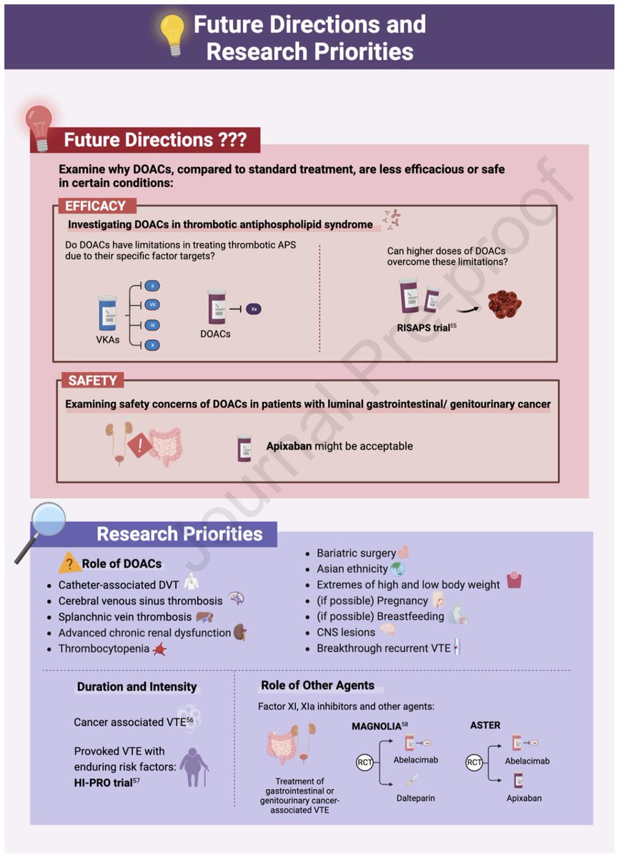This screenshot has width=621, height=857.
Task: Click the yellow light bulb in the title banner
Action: point(172,34)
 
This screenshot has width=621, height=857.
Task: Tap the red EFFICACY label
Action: point(95,206)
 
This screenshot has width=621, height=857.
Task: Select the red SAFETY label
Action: point(92,381)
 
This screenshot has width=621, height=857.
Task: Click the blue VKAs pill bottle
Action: point(107,314)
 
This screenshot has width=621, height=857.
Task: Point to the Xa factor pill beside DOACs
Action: point(254,309)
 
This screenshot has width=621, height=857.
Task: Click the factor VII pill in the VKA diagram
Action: point(151,305)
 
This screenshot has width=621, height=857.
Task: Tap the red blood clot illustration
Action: point(505,303)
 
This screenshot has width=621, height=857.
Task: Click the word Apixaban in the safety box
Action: point(282,446)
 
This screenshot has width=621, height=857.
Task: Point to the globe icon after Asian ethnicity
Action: point(398,569)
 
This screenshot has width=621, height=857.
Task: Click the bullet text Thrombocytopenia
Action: point(104,649)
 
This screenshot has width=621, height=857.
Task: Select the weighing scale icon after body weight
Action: point(514,581)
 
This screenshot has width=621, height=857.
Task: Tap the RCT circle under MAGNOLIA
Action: point(365,763)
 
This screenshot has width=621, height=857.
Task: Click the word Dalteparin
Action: point(415,798)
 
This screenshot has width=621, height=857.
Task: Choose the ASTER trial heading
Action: point(485,726)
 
